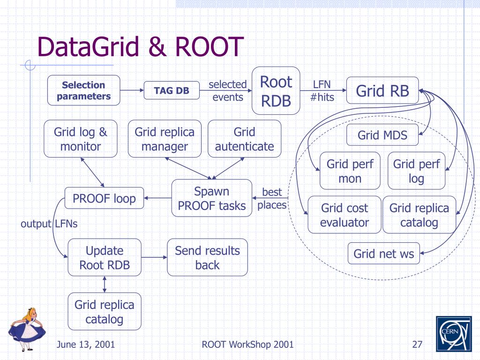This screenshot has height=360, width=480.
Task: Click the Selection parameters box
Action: (83, 90)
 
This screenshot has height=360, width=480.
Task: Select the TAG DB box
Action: (172, 90)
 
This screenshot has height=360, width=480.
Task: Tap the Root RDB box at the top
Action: (276, 90)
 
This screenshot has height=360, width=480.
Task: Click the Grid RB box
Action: (382, 90)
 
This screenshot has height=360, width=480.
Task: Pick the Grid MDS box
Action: (382, 135)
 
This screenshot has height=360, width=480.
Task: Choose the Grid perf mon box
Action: (350, 171)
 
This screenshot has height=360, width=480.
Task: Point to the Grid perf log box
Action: (416, 171)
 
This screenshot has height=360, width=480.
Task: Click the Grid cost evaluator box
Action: (345, 215)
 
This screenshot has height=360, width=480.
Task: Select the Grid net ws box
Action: (383, 254)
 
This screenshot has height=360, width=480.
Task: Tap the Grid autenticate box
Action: (244, 139)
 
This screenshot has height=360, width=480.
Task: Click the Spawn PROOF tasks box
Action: (212, 198)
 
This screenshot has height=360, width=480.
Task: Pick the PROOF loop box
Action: (104, 198)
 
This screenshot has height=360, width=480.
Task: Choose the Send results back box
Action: (207, 257)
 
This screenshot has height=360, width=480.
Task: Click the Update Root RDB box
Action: (105, 257)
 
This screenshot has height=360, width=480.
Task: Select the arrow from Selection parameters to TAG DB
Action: (132, 90)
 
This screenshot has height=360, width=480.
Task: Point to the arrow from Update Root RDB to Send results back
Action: (154, 257)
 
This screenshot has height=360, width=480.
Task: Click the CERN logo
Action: (454, 334)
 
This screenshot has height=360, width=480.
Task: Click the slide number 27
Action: (417, 345)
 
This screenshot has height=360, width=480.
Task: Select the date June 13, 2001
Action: (86, 345)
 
